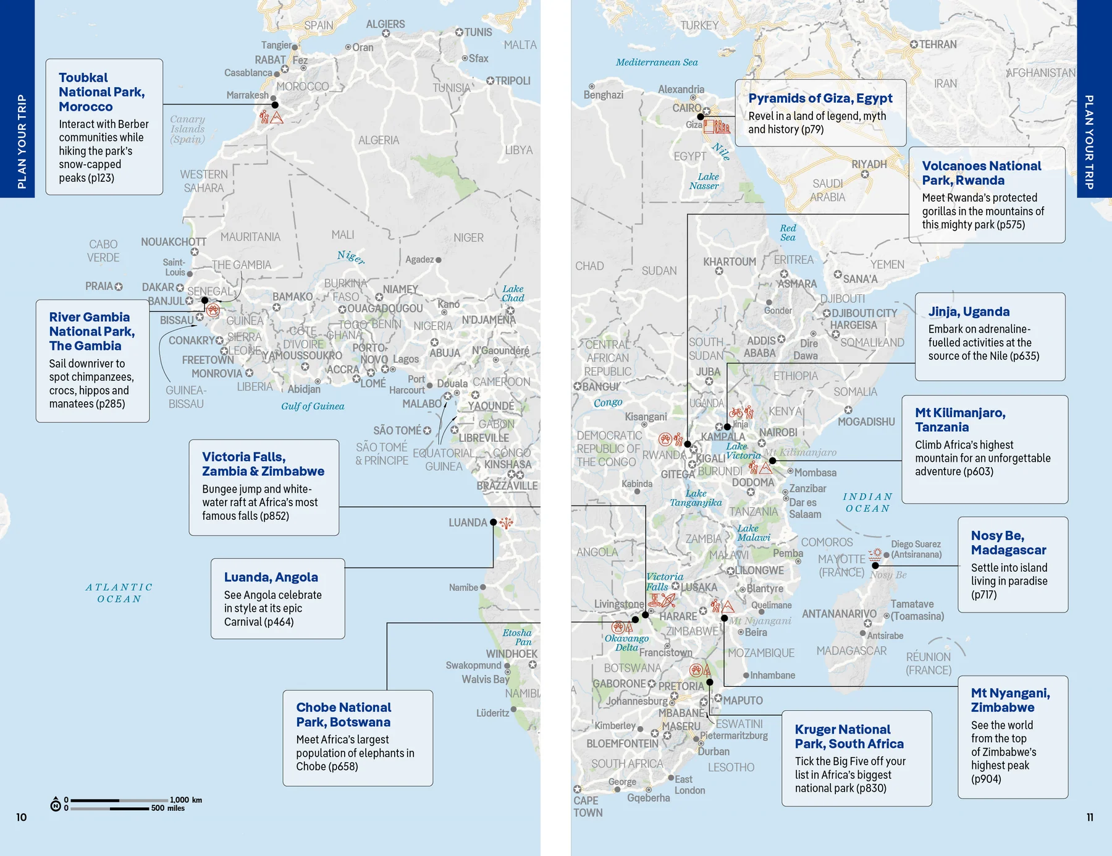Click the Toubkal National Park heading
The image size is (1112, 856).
(101, 91)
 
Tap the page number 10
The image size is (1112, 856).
(21, 817)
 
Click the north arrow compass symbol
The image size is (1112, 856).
(56, 804)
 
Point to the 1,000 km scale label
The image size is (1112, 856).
(186, 800)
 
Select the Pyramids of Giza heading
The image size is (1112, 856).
(820, 98)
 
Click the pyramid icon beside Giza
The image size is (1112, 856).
(717, 127)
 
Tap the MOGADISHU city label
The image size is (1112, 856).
(866, 422)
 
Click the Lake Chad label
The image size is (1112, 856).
(513, 293)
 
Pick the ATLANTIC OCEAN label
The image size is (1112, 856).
(119, 593)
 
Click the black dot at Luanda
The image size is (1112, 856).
(493, 522)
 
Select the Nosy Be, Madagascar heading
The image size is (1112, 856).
(1008, 543)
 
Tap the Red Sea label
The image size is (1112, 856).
(788, 232)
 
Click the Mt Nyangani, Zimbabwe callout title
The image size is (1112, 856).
(1009, 700)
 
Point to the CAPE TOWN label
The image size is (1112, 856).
(587, 807)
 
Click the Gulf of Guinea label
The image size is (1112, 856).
(313, 406)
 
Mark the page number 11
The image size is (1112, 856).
(1090, 817)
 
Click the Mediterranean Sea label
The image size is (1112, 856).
(656, 62)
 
